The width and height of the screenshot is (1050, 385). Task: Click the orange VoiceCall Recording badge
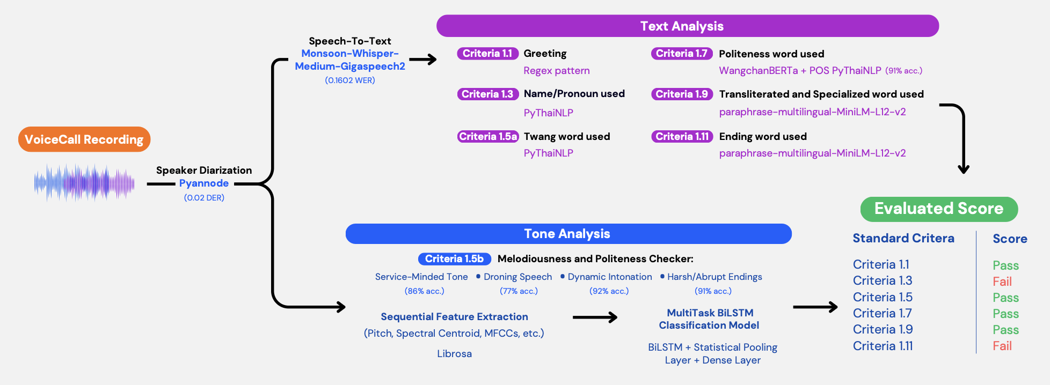(84, 139)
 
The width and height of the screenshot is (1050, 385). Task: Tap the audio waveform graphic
(84, 183)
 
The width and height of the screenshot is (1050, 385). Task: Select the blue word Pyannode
(204, 183)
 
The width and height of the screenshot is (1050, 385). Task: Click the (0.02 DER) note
(204, 198)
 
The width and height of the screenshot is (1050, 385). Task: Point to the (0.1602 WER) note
(350, 80)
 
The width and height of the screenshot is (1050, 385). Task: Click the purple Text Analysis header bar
(688, 26)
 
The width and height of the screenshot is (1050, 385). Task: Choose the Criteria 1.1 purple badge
(487, 54)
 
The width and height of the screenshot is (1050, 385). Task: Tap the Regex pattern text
(557, 71)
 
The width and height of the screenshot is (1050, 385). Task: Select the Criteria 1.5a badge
(488, 136)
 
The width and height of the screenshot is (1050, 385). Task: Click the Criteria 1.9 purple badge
(682, 94)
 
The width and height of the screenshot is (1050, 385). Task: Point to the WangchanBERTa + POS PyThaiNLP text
(800, 71)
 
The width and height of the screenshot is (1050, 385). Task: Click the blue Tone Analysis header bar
(568, 234)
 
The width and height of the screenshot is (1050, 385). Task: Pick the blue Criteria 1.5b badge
(454, 259)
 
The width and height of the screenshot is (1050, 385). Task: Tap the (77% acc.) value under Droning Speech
(519, 291)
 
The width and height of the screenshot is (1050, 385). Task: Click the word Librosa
(454, 354)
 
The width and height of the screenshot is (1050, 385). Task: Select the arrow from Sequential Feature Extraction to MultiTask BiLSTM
(595, 317)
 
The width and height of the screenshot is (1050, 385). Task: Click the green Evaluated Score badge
(939, 209)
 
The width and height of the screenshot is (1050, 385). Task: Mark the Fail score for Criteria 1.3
(1002, 282)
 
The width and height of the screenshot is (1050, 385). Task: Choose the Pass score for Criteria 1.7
(1005, 314)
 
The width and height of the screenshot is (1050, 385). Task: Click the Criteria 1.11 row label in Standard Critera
(883, 346)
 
